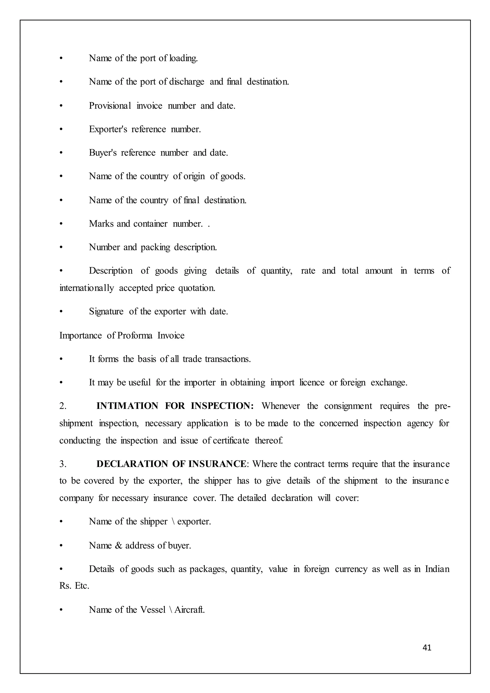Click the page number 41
[x=427, y=648]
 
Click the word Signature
[x=106, y=312]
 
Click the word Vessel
[x=153, y=610]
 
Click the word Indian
[x=437, y=569]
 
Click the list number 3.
[x=62, y=464]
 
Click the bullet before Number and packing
[x=61, y=247]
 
